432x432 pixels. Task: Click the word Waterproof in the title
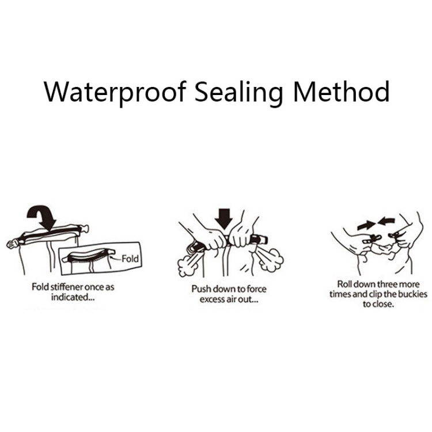115,92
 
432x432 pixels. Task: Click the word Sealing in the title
238,92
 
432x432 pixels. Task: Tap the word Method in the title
341,92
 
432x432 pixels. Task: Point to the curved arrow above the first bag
42,217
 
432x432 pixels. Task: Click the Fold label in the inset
130,259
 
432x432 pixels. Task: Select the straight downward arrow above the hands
223,219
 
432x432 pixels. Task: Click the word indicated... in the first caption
73,297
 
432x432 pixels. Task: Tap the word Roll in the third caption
344,284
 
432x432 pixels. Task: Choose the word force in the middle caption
256,289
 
